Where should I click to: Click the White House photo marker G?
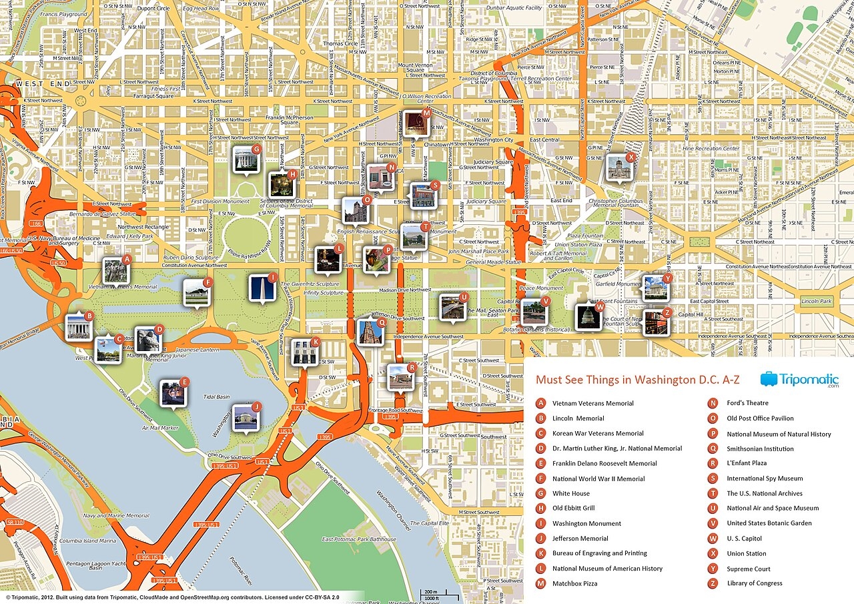tap(245, 159)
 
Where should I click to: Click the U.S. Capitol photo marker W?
tap(588, 317)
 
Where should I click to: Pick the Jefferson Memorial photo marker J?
tap(244, 417)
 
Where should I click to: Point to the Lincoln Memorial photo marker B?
tap(78, 326)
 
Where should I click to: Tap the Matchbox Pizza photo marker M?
tap(416, 123)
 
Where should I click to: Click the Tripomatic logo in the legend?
tap(799, 380)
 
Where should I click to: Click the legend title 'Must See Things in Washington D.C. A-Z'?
tap(638, 380)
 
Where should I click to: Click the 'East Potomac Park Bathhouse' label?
tap(358, 539)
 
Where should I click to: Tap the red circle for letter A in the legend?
tap(541, 403)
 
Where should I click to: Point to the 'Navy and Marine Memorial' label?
tap(116, 515)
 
